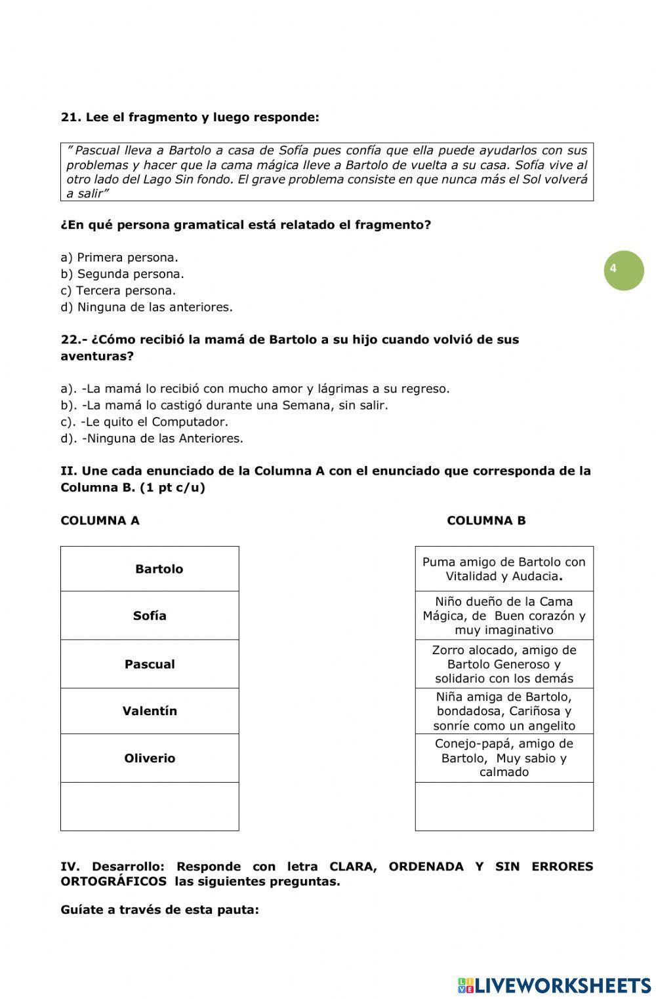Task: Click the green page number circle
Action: [x=623, y=269]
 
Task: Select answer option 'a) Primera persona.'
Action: [x=119, y=258]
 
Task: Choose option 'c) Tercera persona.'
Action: [x=118, y=290]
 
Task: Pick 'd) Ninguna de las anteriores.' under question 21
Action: [x=146, y=307]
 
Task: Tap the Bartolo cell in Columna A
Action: [x=150, y=569]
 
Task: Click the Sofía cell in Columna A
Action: [x=150, y=616]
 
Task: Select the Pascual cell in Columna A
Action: [x=150, y=664]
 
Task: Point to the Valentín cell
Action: [x=150, y=711]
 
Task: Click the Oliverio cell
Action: [x=150, y=758]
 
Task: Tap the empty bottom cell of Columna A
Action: [x=150, y=806]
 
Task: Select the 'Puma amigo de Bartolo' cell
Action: [x=504, y=569]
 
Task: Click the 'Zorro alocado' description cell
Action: [x=504, y=664]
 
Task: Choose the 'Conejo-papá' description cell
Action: [x=504, y=758]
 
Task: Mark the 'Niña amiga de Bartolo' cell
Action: [x=504, y=711]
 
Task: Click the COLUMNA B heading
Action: [x=486, y=520]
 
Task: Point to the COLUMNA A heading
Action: [x=100, y=520]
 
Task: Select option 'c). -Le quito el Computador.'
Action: [x=144, y=421]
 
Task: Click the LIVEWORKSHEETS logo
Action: [x=554, y=985]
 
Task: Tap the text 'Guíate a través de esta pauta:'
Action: [x=159, y=909]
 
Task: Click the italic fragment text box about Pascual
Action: [x=327, y=172]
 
